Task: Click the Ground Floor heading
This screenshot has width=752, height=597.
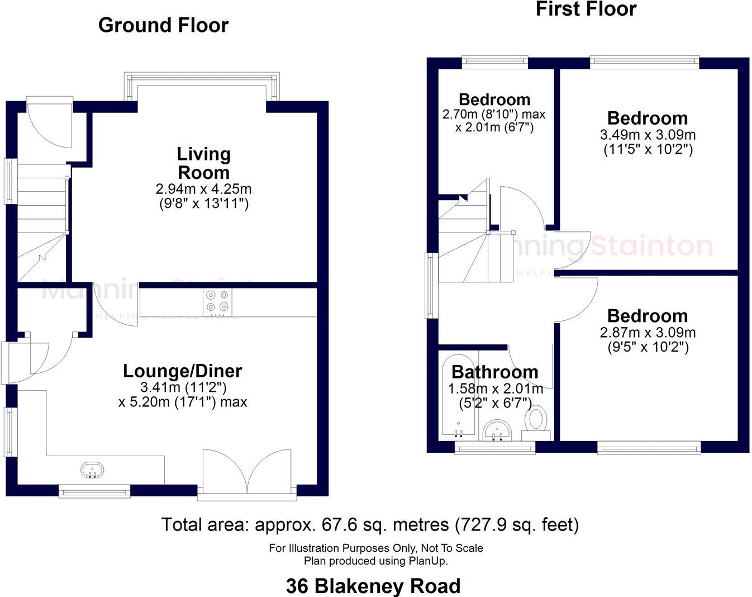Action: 163,25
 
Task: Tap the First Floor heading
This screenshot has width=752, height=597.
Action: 586,9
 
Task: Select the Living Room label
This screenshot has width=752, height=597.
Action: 203,163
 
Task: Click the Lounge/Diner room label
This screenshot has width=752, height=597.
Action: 182,371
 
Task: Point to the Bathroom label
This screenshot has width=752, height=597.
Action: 494,372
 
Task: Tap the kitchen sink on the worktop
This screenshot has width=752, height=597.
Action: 92,470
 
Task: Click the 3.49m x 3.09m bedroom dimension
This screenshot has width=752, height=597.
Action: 648,135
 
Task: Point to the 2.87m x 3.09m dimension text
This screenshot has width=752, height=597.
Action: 648,333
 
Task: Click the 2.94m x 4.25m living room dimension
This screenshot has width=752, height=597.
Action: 203,189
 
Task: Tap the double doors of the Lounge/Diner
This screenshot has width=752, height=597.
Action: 247,471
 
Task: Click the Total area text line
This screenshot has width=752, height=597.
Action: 370,524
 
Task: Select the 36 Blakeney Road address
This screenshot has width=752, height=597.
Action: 373,586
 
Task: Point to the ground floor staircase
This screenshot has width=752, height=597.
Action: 42,224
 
